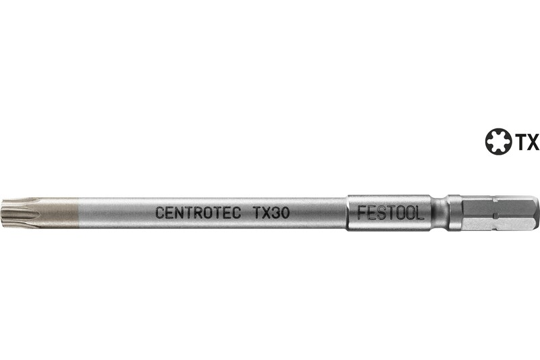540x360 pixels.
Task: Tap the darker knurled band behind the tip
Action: (57, 212)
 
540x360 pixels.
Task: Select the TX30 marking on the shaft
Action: (272, 213)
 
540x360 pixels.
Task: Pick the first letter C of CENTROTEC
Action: (160, 213)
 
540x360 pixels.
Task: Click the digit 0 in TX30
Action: (286, 213)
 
